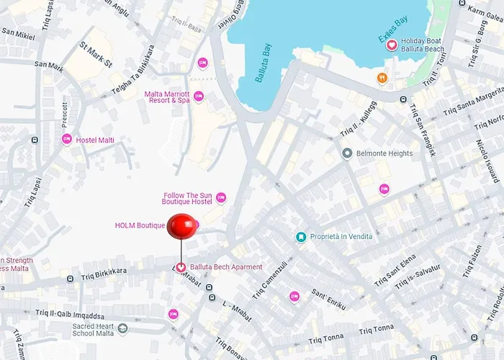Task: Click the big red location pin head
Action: pos(181,228)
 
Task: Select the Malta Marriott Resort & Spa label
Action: pos(167,96)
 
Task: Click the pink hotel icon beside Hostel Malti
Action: pos(67,140)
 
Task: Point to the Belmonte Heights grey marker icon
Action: pos(347,153)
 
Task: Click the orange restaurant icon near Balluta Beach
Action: pos(382,77)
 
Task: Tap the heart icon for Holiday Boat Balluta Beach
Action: pos(392,45)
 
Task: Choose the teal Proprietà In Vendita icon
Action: pos(301,237)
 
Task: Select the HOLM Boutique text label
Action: pos(140,225)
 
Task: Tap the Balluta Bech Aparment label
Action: pos(226,267)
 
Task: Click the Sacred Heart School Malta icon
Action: pos(122,329)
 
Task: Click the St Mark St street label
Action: pos(96,55)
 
